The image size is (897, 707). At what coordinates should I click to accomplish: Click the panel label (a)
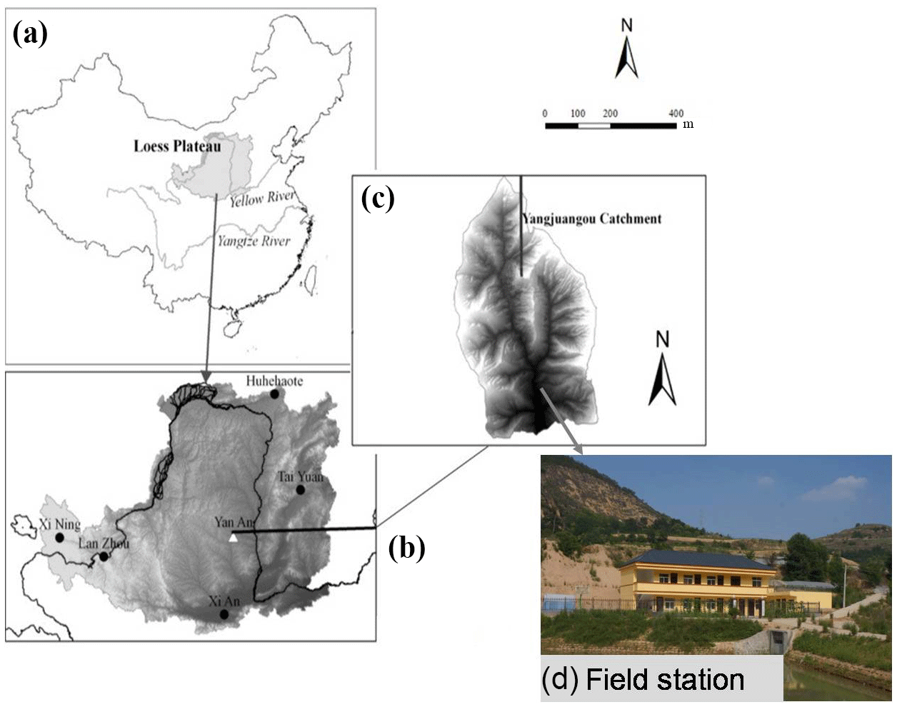point(30,34)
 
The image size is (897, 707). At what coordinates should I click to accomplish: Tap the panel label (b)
point(406,547)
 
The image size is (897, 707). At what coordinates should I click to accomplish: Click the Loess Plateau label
point(177,146)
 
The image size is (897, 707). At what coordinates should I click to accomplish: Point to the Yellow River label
point(262,199)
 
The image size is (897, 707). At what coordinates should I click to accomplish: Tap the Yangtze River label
point(254,241)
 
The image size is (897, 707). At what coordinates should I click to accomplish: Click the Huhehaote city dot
point(274,393)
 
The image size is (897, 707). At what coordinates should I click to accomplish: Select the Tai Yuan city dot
point(301,490)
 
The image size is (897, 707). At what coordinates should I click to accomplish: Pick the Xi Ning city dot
point(59,537)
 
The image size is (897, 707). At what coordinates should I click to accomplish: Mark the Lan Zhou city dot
point(104,556)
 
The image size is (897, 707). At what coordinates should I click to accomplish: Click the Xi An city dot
point(225,614)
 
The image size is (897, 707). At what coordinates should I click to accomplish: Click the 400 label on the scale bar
point(676,114)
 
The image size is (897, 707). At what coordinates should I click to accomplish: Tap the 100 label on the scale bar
point(578,114)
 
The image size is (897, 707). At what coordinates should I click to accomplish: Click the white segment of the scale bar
point(594,126)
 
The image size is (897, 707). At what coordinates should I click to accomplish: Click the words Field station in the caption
point(664,679)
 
